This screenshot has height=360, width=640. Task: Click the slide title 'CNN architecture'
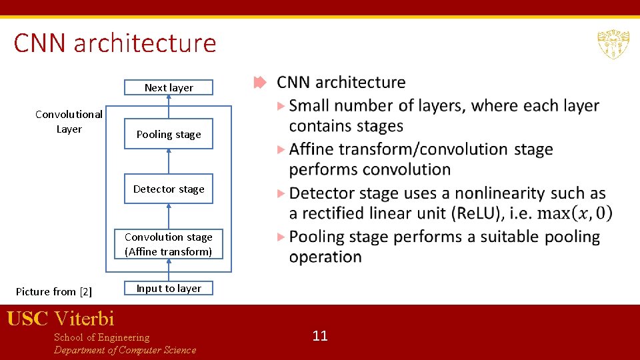[x=115, y=43]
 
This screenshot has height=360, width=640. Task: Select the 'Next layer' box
[x=169, y=87]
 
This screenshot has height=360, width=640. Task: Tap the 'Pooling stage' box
[x=169, y=134]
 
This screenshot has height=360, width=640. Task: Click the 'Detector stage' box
[x=169, y=189]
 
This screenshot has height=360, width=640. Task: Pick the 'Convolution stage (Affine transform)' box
[x=169, y=244]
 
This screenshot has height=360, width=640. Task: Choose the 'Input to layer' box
[x=169, y=288]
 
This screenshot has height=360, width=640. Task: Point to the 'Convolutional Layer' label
[x=69, y=121]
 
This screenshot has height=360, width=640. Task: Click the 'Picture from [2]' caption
[x=53, y=291]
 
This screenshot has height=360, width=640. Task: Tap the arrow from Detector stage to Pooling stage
[x=169, y=161]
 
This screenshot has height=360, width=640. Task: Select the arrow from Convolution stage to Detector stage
[x=169, y=216]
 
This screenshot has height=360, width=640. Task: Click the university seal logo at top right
[x=613, y=44]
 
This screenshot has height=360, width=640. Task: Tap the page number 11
[x=320, y=335]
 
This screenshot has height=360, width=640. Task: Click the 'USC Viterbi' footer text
[x=61, y=319]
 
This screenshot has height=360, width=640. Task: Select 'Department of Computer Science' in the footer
[x=125, y=350]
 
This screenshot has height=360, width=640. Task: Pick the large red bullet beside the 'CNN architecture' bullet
[x=260, y=83]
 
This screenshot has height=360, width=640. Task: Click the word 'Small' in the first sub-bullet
[x=310, y=105]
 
